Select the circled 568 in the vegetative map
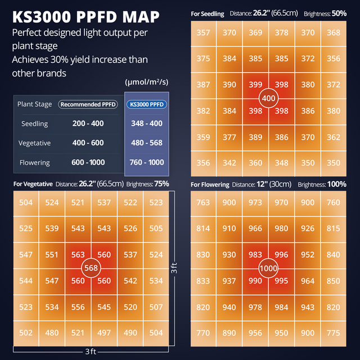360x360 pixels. (91, 268)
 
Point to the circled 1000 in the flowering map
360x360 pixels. (268, 268)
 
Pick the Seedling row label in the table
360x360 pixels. (34, 124)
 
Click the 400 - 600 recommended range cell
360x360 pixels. (88, 143)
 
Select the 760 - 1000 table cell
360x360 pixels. (146, 163)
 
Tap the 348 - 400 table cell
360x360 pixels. (146, 124)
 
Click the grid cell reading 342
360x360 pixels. (229, 163)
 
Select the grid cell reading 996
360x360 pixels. (281, 255)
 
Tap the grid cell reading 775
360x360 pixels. (333, 333)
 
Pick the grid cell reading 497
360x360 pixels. (104, 333)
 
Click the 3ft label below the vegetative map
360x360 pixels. (91, 352)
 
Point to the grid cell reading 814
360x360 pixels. (204, 229)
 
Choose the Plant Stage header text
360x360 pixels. (35, 104)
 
